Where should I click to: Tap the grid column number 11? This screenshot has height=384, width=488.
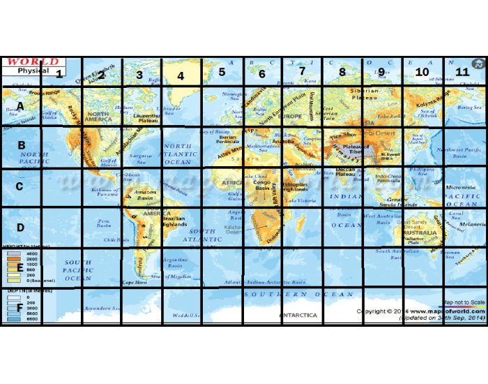point(462,72)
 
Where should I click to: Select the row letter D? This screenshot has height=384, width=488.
point(20,227)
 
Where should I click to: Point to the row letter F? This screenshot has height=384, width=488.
point(19,307)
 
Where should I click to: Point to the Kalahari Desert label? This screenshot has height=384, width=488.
point(234,229)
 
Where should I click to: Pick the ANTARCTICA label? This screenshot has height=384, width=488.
point(298,315)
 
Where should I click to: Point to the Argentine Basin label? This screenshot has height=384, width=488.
point(175,263)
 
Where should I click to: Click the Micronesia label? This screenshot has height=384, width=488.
point(461,188)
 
